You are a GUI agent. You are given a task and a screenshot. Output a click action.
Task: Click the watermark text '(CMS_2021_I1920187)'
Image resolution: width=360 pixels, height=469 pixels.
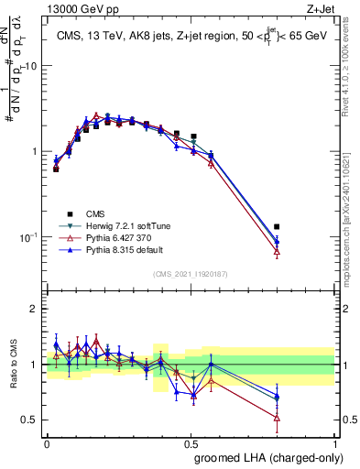191,273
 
